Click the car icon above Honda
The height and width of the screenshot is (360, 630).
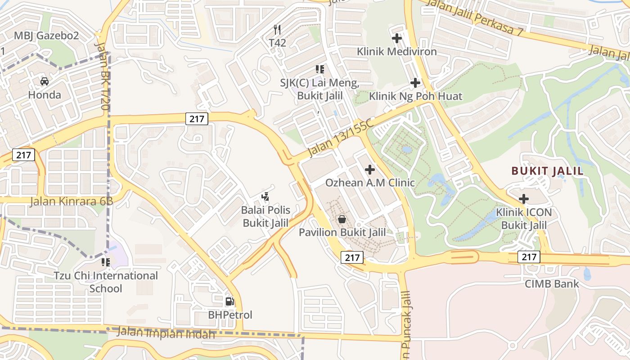45,81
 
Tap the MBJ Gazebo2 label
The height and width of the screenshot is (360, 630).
46,36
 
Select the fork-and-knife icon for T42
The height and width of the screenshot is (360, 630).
277,30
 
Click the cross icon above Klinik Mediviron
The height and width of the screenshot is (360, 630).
397,38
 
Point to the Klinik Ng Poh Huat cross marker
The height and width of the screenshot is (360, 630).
415,83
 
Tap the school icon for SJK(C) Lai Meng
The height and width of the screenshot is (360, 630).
320,69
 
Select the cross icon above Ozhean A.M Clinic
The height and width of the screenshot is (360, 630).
370,170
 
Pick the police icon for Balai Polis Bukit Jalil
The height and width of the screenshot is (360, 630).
265,197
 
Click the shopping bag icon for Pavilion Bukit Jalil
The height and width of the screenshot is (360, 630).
342,219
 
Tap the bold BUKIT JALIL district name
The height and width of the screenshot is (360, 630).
547,171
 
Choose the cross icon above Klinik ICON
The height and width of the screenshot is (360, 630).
524,198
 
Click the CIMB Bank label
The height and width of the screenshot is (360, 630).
552,284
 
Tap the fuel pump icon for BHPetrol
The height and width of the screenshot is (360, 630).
230,301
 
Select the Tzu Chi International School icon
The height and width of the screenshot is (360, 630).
106,262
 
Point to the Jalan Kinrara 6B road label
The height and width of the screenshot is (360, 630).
71,201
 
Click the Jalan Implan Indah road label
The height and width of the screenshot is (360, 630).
166,333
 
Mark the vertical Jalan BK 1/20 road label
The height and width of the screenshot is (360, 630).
102,76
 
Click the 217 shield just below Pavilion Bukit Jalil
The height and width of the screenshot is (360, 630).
352,257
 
